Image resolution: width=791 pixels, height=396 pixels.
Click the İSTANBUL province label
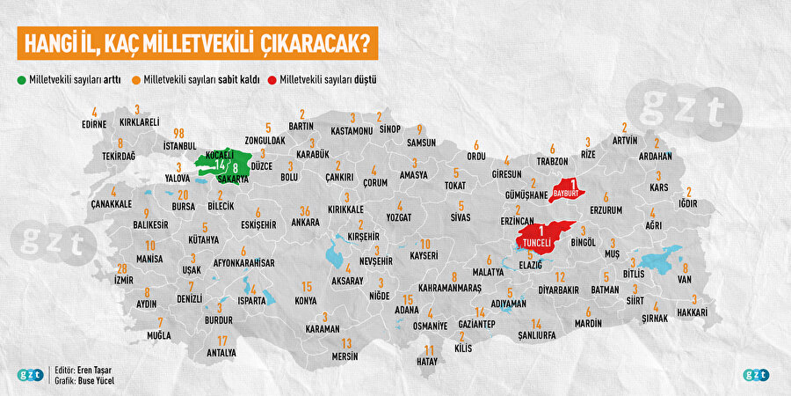(x=185, y=145)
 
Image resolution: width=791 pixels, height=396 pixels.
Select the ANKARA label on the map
(x=305, y=223)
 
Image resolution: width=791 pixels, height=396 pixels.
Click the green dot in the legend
(x=21, y=79)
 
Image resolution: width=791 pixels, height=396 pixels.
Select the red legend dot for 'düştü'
(x=272, y=79)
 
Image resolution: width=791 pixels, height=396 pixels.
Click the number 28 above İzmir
(x=122, y=268)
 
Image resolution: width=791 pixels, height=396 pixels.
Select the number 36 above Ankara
(x=304, y=210)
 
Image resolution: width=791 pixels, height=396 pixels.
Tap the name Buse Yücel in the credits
(x=94, y=381)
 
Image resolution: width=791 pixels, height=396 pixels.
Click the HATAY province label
(x=425, y=361)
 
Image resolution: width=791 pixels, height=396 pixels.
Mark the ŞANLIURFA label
(x=536, y=336)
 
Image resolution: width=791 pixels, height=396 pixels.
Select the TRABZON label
(x=552, y=161)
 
